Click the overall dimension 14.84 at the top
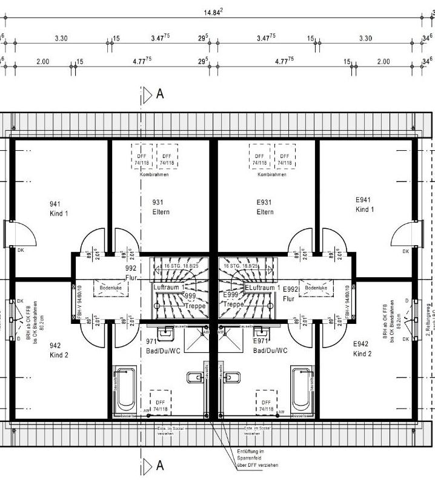214,12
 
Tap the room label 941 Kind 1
59,209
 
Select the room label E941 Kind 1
364,205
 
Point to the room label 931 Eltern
161,207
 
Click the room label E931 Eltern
265,207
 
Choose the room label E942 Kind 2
362,348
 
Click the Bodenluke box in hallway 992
111,289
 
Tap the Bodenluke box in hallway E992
316,289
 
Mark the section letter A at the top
160,94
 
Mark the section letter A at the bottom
160,465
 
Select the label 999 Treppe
193,301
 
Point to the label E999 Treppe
233,300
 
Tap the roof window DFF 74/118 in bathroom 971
161,405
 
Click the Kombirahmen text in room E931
271,174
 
